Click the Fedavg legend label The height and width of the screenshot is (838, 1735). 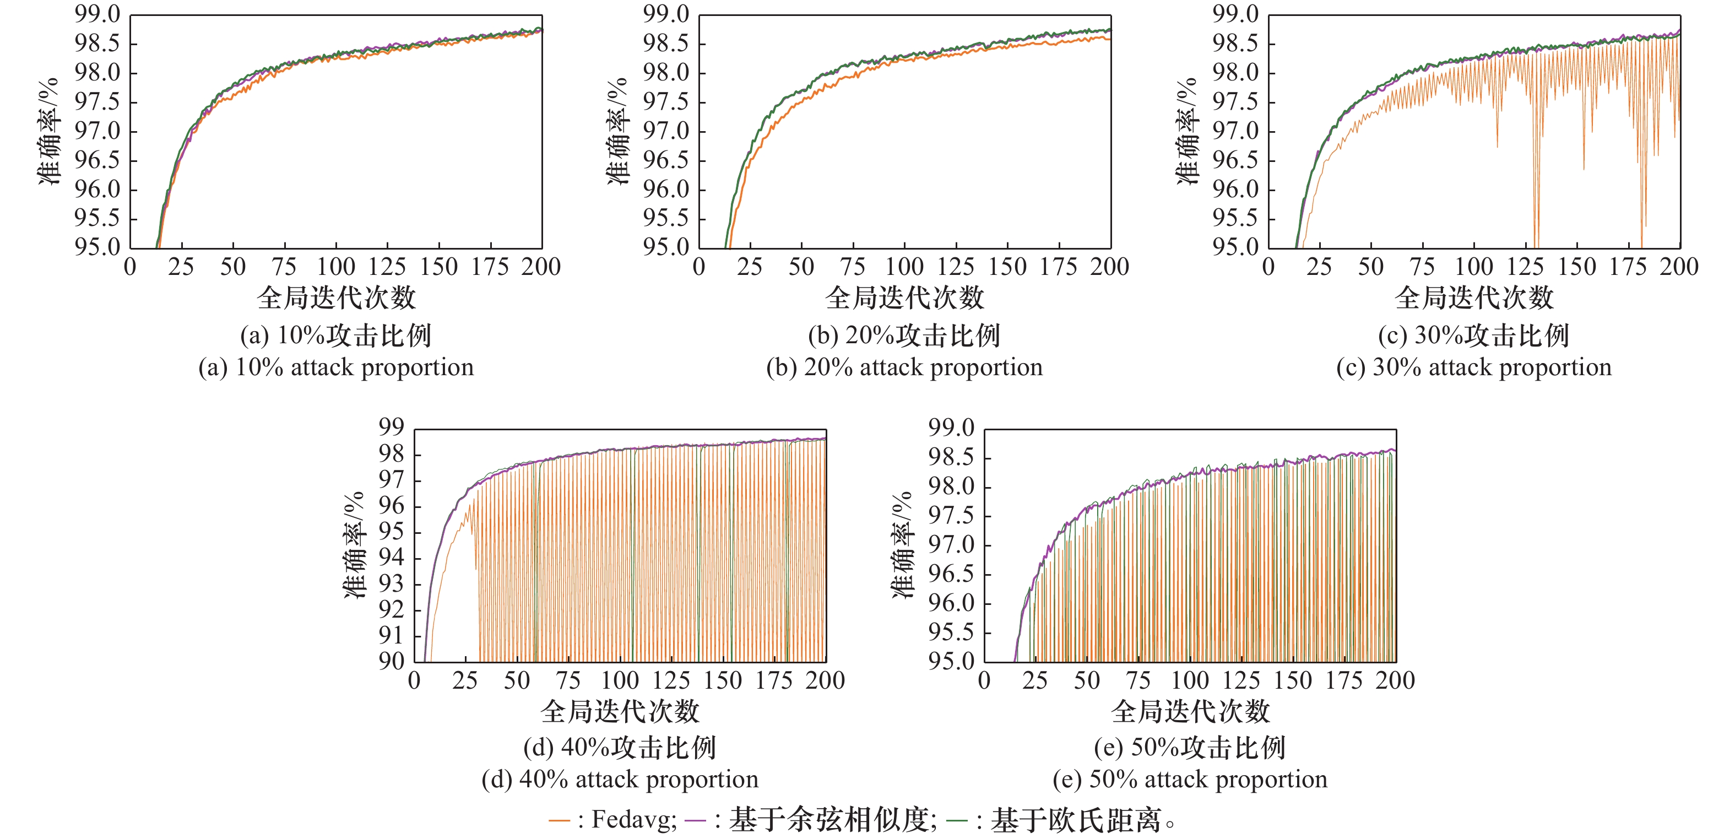coord(633,820)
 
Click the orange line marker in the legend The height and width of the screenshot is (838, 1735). coord(559,820)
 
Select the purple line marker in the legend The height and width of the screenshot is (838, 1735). coord(695,820)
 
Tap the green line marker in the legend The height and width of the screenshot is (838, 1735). coord(956,820)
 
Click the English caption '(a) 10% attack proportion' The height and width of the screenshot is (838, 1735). coord(335,367)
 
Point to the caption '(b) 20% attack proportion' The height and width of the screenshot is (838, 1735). coord(904,367)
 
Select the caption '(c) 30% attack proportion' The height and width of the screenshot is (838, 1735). coord(1474,367)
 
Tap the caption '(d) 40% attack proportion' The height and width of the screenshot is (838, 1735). coord(620,780)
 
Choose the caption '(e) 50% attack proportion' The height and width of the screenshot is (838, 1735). coord(1190,780)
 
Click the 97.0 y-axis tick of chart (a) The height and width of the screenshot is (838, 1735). coord(97,131)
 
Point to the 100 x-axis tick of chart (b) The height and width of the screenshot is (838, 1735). coord(904,267)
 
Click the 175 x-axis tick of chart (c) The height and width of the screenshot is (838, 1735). coord(1628,267)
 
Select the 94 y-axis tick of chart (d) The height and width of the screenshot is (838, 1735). coord(391,558)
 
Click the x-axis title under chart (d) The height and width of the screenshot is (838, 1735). coord(620,711)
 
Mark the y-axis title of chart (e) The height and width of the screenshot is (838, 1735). coord(903,545)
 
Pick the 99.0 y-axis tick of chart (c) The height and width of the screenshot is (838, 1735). coord(1235,14)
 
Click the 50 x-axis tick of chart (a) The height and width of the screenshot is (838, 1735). coord(233,267)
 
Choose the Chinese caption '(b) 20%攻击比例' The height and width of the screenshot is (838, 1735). coord(904,336)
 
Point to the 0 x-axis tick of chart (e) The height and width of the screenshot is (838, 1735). coord(984,680)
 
